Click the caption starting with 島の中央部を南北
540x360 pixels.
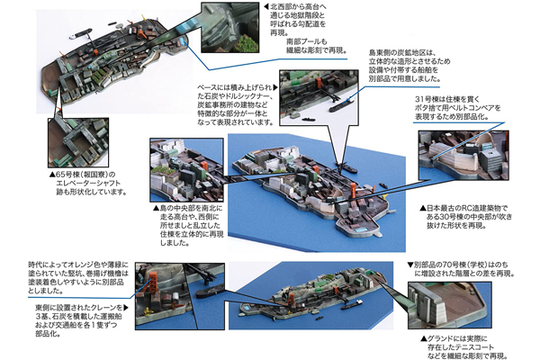pyautogui.click(x=193, y=220)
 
